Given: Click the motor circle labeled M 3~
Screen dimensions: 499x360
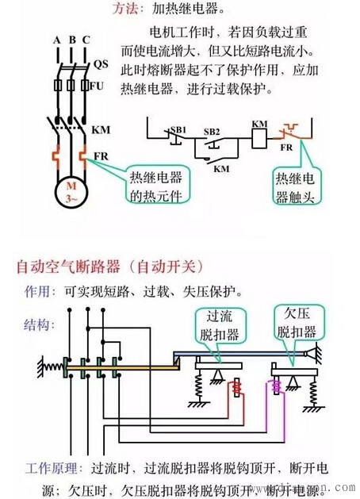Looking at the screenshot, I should tap(70, 191).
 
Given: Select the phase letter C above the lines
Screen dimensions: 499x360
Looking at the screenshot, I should tap(85, 40).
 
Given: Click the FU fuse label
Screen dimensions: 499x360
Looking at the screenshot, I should tap(97, 85).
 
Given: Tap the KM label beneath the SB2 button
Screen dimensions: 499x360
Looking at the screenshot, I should tap(221, 168).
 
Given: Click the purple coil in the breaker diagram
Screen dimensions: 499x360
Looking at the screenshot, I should tap(278, 389).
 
